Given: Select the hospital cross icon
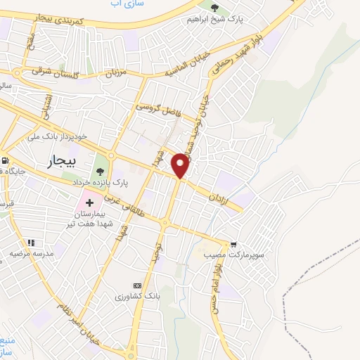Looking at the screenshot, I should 90,202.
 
